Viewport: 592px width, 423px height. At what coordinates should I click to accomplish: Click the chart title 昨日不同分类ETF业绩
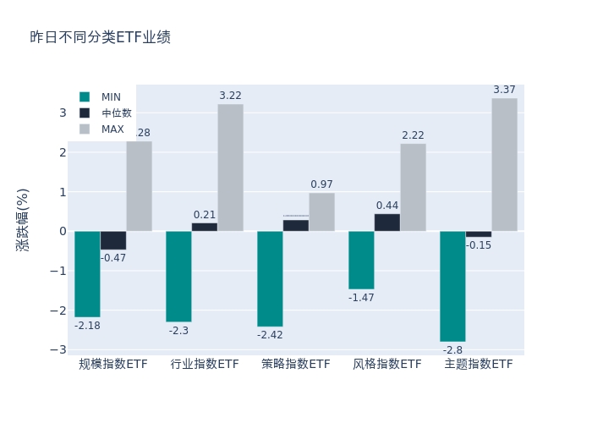click(x=100, y=37)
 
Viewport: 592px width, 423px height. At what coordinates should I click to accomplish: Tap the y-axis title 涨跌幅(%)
click(x=23, y=220)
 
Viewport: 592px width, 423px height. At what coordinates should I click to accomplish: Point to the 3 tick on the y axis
click(x=62, y=113)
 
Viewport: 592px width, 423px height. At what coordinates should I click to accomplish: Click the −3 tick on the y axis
click(x=58, y=350)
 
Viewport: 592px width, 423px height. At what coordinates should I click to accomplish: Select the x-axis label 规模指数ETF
click(x=113, y=365)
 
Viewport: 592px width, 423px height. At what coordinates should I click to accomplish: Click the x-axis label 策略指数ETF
click(x=296, y=365)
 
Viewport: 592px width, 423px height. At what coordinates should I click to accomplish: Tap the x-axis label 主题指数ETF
click(x=479, y=365)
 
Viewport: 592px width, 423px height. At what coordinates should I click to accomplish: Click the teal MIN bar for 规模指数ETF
click(x=87, y=274)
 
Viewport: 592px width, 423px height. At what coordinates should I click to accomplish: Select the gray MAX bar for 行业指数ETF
click(x=230, y=168)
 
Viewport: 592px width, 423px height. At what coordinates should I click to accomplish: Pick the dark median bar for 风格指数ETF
click(x=387, y=222)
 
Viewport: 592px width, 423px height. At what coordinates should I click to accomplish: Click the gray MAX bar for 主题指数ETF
click(x=504, y=165)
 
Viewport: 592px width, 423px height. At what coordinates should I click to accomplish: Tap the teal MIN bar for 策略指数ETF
click(x=270, y=279)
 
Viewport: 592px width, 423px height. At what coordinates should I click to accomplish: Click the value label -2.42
click(x=270, y=335)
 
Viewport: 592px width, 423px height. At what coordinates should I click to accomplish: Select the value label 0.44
click(x=387, y=206)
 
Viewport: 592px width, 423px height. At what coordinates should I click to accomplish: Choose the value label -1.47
click(x=361, y=298)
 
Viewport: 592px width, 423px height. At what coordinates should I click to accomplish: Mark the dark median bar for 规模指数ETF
click(x=113, y=240)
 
